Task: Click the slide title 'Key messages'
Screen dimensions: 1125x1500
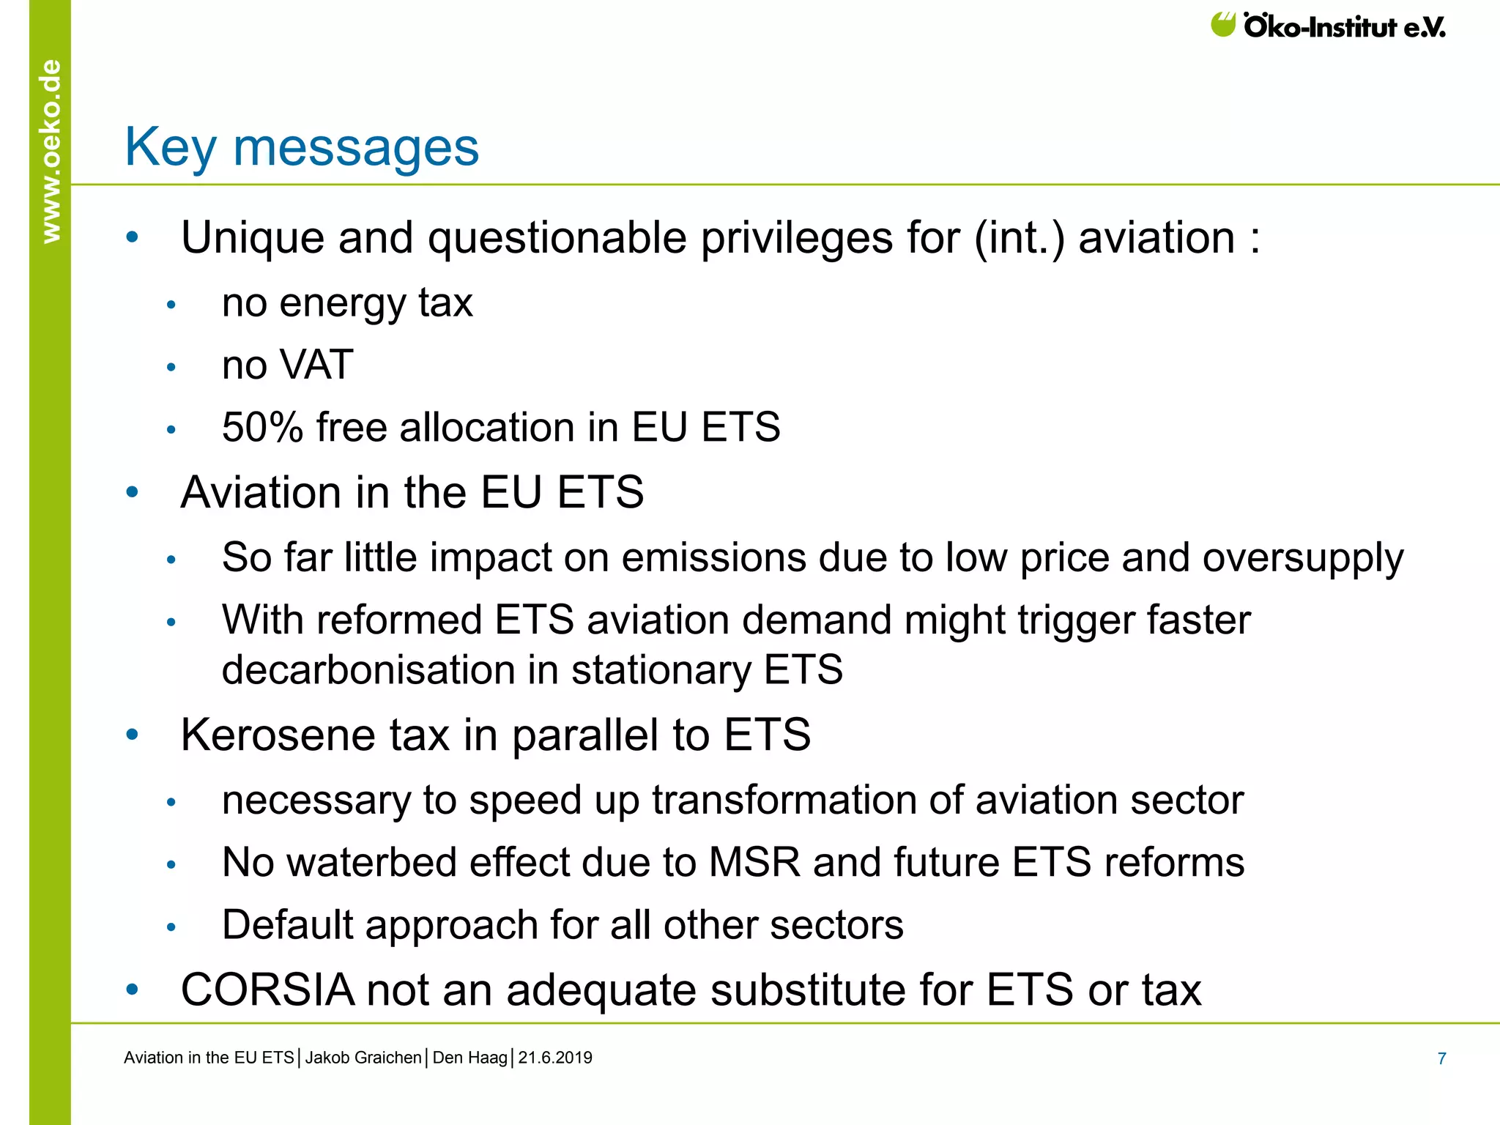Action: [x=302, y=147]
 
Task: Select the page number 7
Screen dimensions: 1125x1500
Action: [x=1441, y=1058]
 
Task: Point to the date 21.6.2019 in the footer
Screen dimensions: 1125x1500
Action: [x=555, y=1058]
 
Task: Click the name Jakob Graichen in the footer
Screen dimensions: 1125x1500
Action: [x=363, y=1058]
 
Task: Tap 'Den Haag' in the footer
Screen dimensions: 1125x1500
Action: [x=469, y=1058]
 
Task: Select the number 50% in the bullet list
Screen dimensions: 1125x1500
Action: [x=262, y=427]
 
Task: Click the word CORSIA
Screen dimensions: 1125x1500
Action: [x=267, y=990]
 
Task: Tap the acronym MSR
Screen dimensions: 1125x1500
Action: [x=754, y=862]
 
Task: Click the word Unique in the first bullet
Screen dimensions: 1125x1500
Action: [x=252, y=238]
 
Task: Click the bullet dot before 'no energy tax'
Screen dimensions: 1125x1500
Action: [x=171, y=305]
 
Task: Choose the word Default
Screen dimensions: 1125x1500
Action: [x=288, y=924]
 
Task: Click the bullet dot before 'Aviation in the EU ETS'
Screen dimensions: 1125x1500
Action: [x=132, y=492]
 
